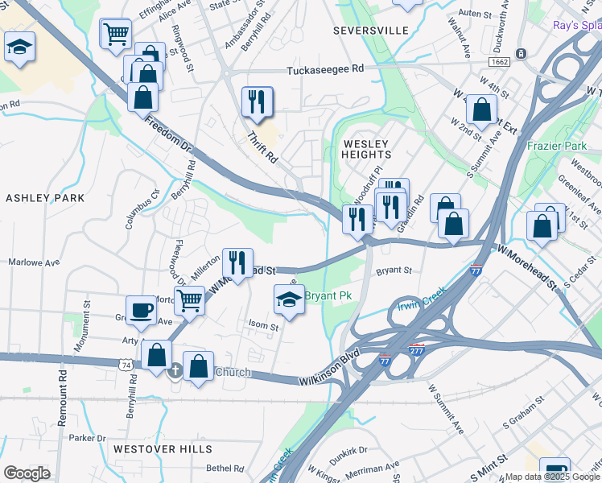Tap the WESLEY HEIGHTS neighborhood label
coord(367,148)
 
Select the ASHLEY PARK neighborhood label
coord(45,198)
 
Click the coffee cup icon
coord(141,310)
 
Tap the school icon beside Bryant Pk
coord(290,299)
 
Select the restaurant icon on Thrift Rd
coord(257,101)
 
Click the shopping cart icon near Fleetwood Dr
coord(190,300)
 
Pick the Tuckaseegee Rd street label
coord(326,70)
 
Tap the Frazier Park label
coord(555,147)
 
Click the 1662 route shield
coord(498,61)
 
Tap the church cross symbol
coord(175,371)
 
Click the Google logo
coord(27,473)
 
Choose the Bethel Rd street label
coord(225,469)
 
